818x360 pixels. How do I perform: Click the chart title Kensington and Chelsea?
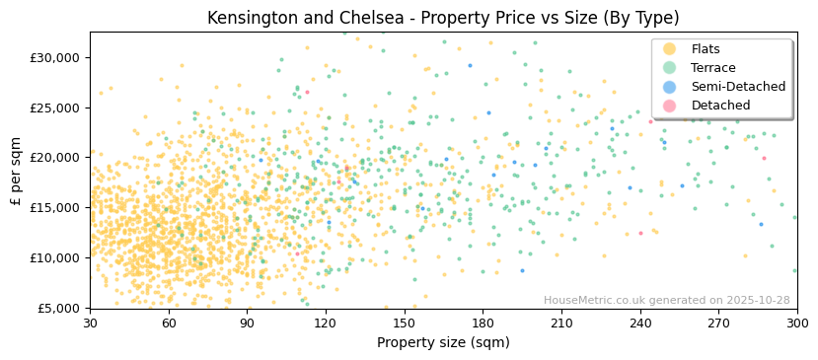[443, 18]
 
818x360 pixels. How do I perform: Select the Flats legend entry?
[706, 49]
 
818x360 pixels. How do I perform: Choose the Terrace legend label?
[713, 68]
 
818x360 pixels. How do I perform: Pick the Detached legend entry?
[720, 106]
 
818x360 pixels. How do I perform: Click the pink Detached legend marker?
[669, 106]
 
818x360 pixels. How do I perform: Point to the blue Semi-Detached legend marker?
[669, 87]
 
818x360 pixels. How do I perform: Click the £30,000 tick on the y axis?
[55, 57]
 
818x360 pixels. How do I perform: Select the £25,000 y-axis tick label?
[55, 108]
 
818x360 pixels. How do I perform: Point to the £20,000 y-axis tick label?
[55, 158]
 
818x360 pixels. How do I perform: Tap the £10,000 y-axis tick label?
[55, 257]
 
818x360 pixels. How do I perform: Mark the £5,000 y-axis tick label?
[59, 308]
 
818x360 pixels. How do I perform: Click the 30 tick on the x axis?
[90, 323]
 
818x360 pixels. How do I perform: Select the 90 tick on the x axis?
[247, 323]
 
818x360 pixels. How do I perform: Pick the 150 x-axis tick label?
[404, 323]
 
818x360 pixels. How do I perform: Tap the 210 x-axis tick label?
[561, 323]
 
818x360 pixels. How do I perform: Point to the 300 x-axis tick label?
[796, 323]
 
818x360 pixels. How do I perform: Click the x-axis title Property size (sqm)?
[443, 342]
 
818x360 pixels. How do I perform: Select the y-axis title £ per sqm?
[17, 170]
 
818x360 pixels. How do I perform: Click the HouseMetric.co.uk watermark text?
[666, 300]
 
